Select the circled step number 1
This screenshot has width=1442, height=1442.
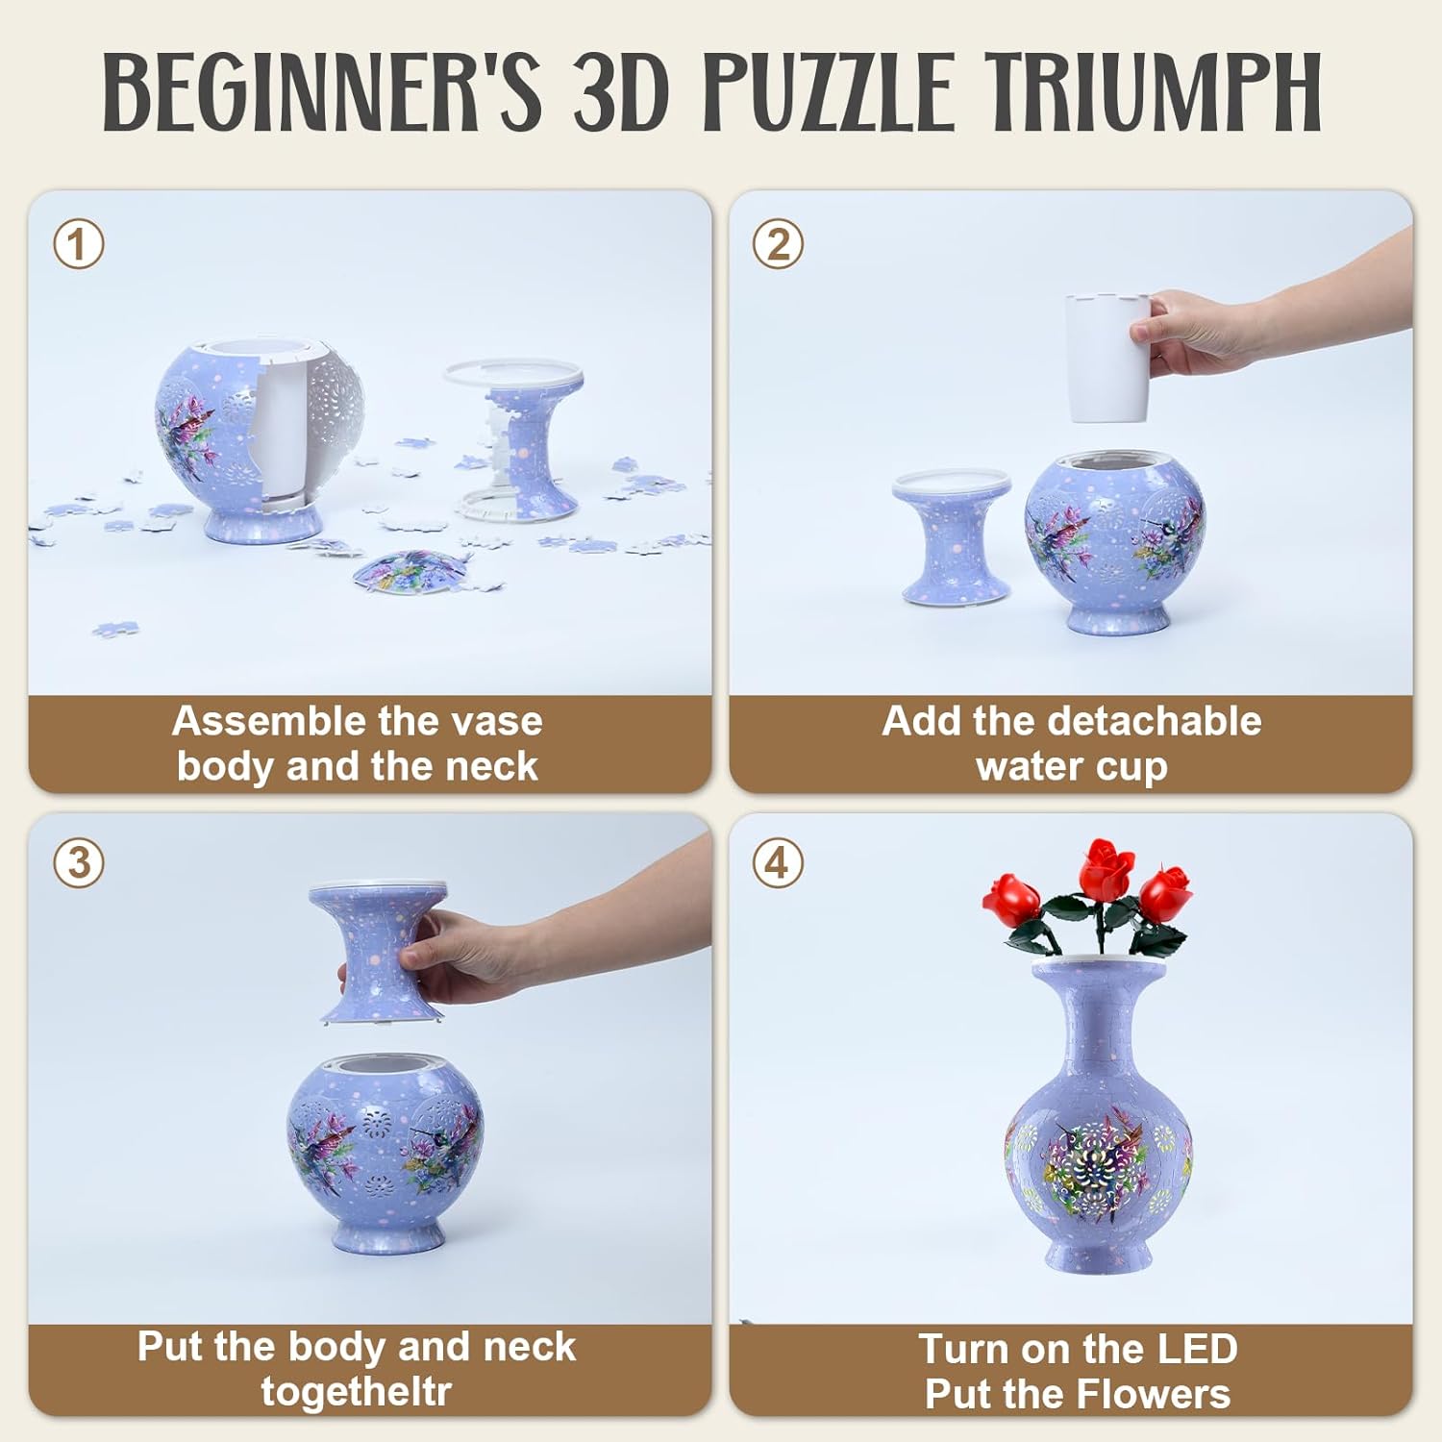click(78, 244)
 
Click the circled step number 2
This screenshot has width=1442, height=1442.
click(778, 244)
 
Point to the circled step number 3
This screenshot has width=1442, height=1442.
click(78, 863)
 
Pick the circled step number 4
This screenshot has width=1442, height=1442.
click(778, 863)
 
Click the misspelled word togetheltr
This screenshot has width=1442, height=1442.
click(356, 1391)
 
